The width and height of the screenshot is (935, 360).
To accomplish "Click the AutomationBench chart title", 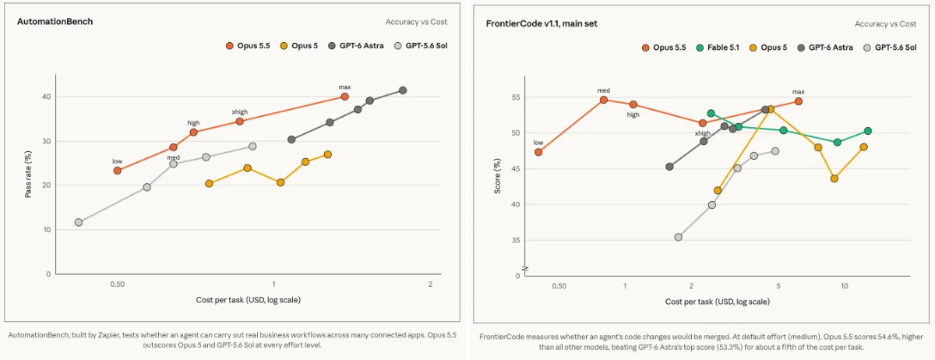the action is coord(55,22).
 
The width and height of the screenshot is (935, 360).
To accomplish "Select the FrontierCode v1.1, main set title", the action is coord(542,24).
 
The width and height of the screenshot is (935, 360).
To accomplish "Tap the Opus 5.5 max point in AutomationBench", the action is coord(344,97).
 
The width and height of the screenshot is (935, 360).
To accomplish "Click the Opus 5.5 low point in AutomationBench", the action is coord(118,171).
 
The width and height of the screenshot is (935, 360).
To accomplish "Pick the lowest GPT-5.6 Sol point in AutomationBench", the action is coord(79,222).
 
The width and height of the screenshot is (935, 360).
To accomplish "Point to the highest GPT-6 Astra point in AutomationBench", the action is coord(402,90).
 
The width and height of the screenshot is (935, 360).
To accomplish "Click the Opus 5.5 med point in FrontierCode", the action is coord(604,100).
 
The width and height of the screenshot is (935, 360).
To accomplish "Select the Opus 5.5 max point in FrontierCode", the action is coord(798,101).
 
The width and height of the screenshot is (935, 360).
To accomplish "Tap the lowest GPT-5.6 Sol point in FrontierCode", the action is coord(679,237).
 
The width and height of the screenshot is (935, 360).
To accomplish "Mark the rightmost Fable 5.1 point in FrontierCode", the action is coord(868,131).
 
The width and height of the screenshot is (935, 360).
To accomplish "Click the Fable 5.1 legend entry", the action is coord(718,48).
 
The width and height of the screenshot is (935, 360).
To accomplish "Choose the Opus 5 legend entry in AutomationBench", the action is coord(299,46).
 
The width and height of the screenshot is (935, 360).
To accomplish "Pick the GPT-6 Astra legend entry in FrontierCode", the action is coord(825,48).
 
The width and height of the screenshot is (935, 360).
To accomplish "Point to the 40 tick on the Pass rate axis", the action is coord(46,97).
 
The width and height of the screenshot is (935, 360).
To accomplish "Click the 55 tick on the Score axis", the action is coord(516,97).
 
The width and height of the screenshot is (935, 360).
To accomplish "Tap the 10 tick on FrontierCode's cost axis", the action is coord(844,286).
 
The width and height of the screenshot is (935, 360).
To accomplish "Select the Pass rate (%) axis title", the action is coord(28,174).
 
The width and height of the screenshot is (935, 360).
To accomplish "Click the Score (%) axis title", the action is coord(497,176).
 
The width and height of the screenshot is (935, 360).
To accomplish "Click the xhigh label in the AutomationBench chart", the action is coord(240,112).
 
